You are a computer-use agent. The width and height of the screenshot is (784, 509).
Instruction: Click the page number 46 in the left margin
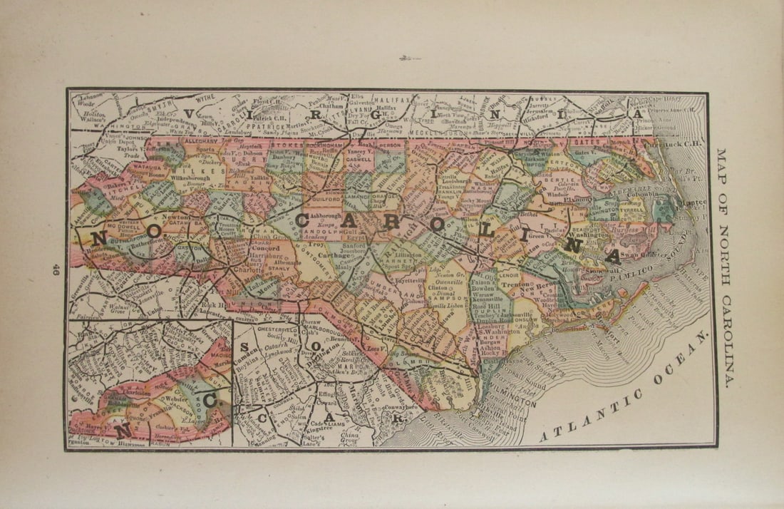[x=56, y=269]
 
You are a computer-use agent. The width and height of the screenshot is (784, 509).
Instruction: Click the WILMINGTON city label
[x=512, y=403]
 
